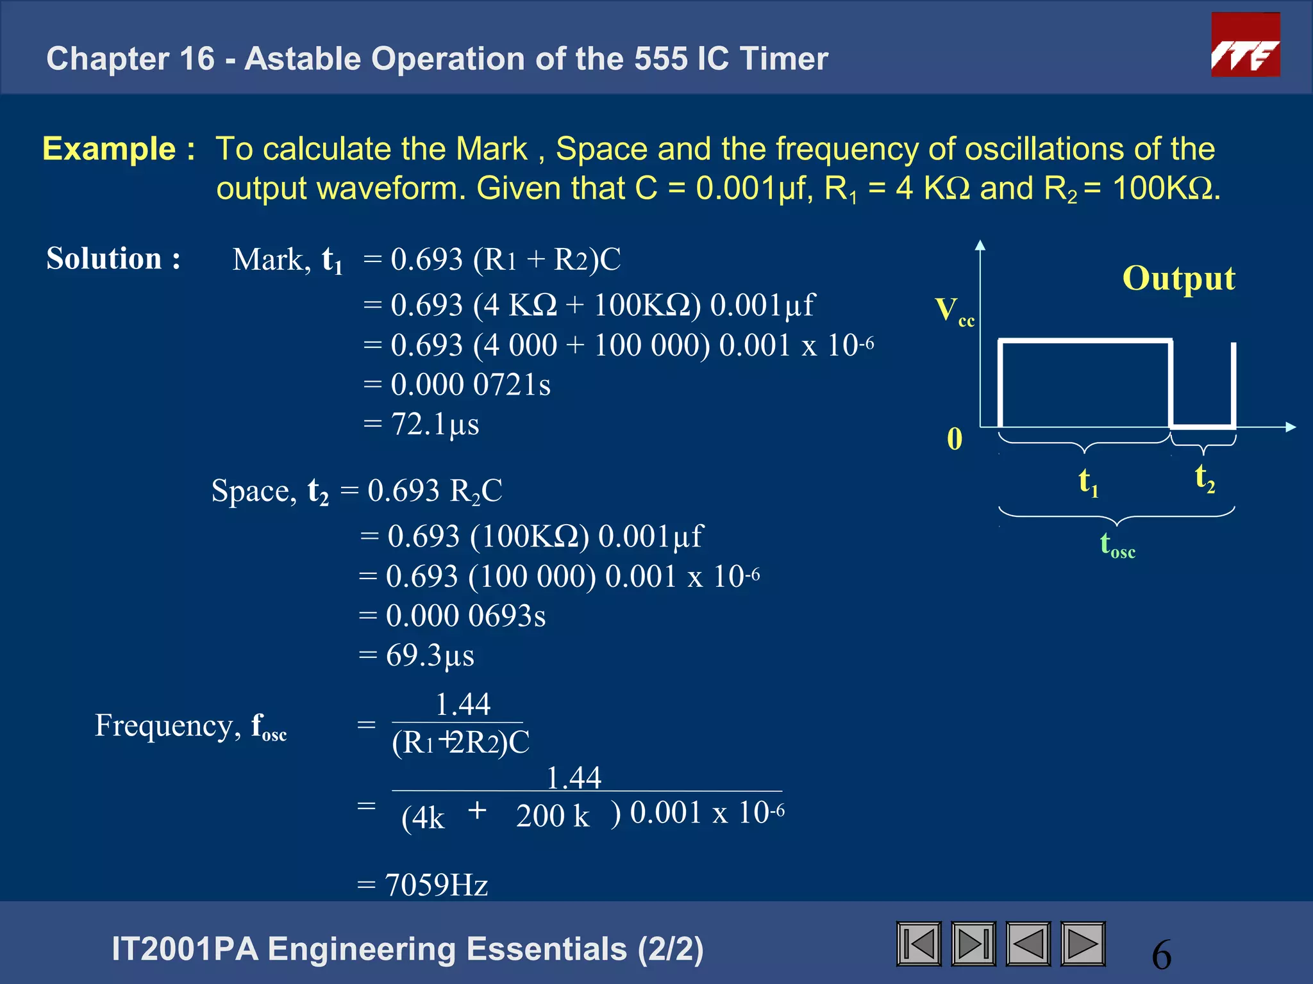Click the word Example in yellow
(109, 149)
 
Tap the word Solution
(104, 259)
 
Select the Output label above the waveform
(1178, 278)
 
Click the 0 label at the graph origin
(955, 439)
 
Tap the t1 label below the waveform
(1088, 481)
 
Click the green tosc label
(1117, 545)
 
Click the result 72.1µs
(435, 424)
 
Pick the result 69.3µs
(430, 655)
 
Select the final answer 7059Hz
(436, 885)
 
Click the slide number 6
(1161, 955)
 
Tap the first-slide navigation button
(919, 944)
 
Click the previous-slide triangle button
(1028, 944)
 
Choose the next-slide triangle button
(1083, 944)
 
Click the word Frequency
(163, 726)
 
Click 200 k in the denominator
(553, 816)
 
